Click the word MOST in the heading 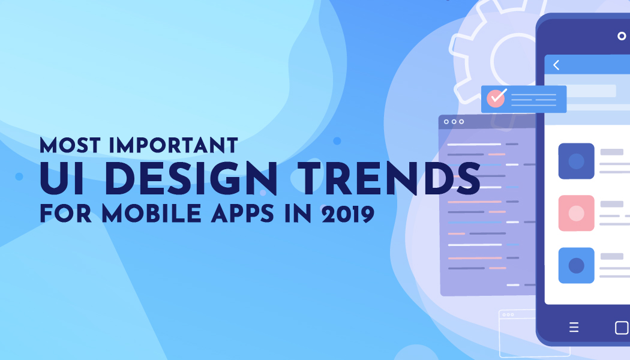pyautogui.click(x=70, y=145)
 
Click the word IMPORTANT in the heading pyautogui.click(x=173, y=145)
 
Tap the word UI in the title pyautogui.click(x=62, y=179)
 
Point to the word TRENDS pyautogui.click(x=389, y=179)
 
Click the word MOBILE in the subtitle pyautogui.click(x=151, y=214)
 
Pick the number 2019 pyautogui.click(x=348, y=214)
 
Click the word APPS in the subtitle pyautogui.click(x=242, y=214)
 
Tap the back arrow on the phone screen pyautogui.click(x=556, y=65)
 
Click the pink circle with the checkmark pyautogui.click(x=496, y=98)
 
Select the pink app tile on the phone pyautogui.click(x=576, y=213)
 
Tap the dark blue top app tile pyautogui.click(x=576, y=161)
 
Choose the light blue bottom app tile pyautogui.click(x=576, y=266)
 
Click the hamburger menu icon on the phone pyautogui.click(x=574, y=328)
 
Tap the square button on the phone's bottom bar pyautogui.click(x=622, y=328)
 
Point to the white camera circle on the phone pyautogui.click(x=622, y=36)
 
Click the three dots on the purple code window pyautogui.click(x=454, y=122)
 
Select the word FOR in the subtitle pyautogui.click(x=65, y=214)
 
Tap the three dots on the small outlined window pyautogui.click(x=508, y=315)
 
